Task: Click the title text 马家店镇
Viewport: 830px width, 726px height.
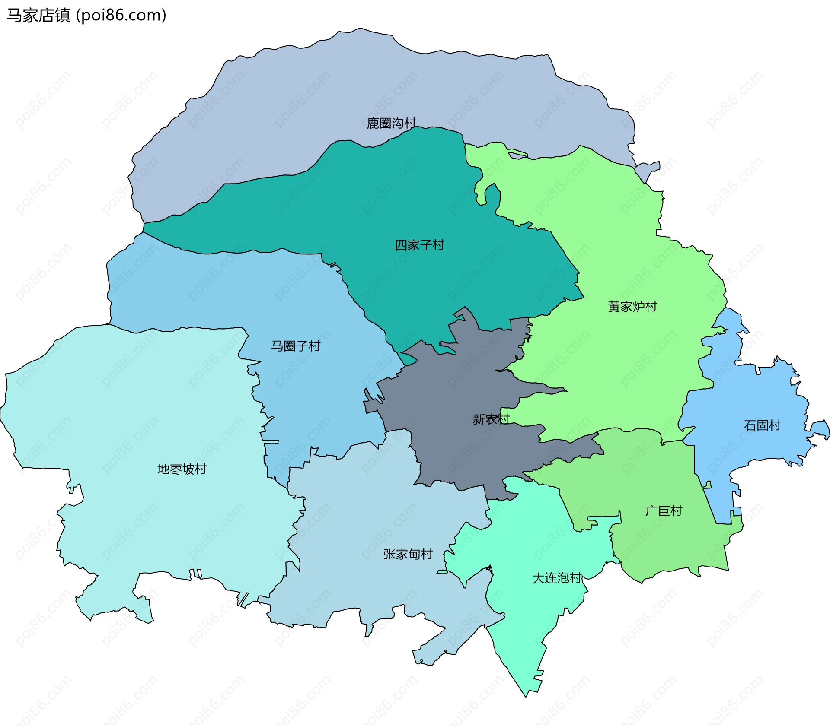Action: coord(38,16)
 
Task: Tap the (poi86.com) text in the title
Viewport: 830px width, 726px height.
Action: coord(121,16)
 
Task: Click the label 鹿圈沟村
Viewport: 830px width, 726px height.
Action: coord(391,124)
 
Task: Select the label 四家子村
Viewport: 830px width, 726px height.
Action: coord(419,245)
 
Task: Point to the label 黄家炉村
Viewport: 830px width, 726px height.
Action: coord(632,307)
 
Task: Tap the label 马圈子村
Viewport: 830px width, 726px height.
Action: coord(296,346)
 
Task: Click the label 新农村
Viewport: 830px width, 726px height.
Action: coord(491,419)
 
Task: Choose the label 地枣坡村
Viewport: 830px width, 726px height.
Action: coord(182,469)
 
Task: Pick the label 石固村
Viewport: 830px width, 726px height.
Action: coord(762,425)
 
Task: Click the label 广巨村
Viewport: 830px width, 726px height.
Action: coord(664,511)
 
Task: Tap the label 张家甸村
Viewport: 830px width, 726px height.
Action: coord(408,554)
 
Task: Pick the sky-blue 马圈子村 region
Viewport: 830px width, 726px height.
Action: coord(216,294)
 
